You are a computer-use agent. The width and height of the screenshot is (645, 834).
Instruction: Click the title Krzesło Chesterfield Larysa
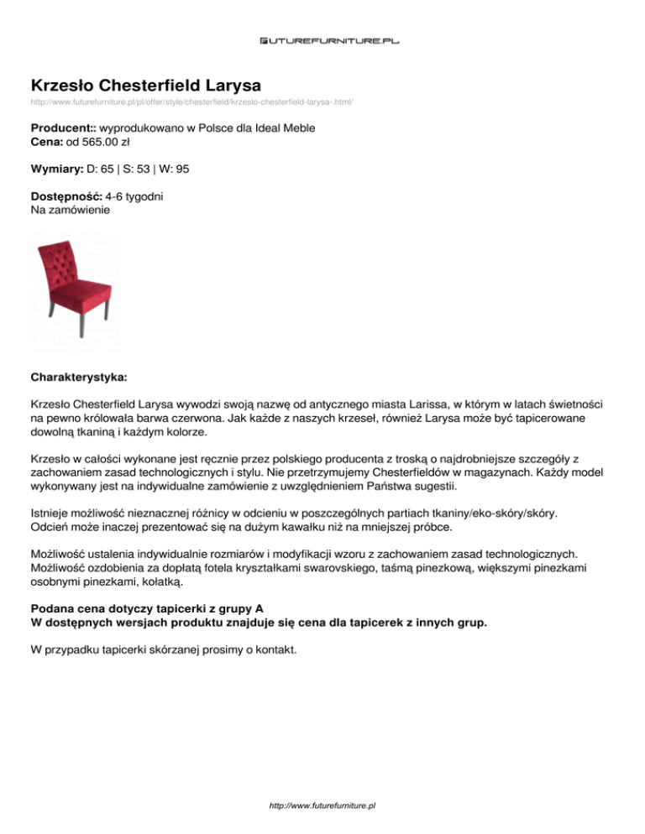[146, 86]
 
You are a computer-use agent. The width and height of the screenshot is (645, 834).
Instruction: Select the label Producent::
[68, 130]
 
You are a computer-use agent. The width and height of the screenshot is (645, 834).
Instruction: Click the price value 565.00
[93, 143]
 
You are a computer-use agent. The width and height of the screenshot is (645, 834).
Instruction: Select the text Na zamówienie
[70, 210]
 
